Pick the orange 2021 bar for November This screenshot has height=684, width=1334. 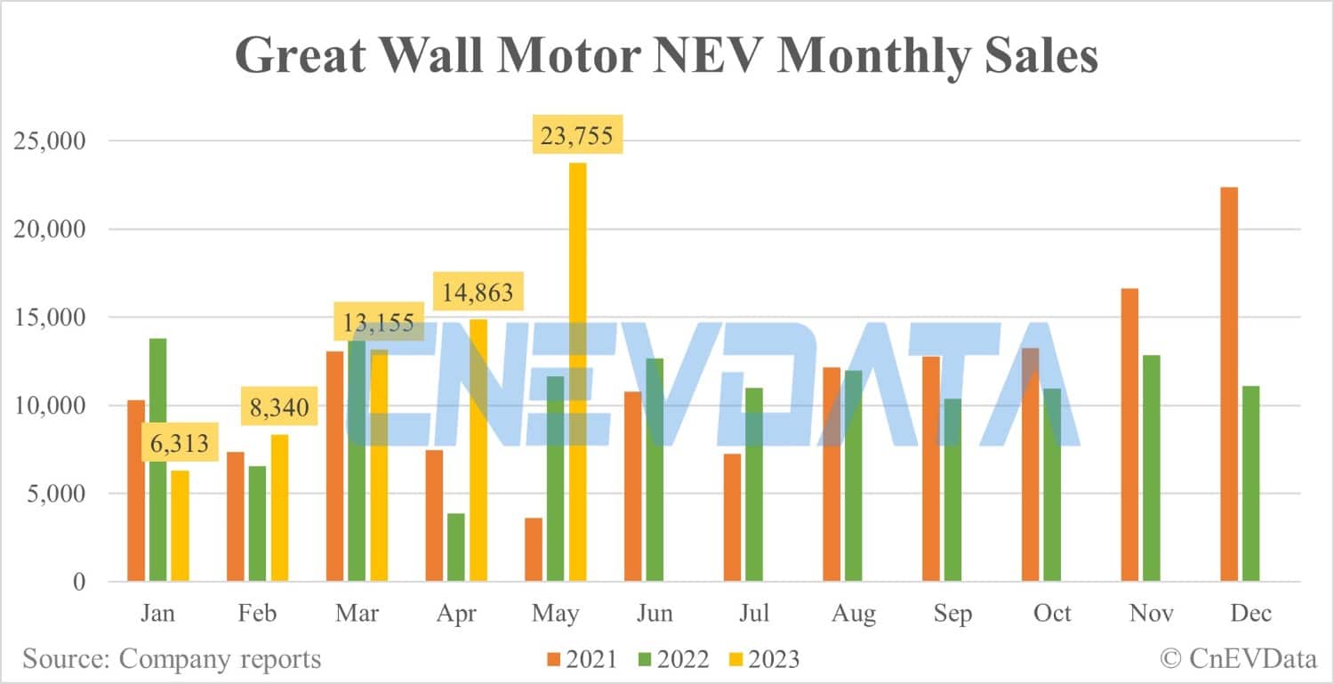coord(1129,435)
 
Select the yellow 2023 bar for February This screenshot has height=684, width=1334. coord(279,508)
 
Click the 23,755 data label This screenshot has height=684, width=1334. coord(577,138)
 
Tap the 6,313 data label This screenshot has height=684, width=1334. coord(180,442)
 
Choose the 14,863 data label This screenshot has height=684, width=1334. coord(477,292)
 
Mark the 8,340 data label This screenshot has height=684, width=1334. coord(278,408)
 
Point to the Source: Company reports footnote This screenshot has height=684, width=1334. coord(172,659)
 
